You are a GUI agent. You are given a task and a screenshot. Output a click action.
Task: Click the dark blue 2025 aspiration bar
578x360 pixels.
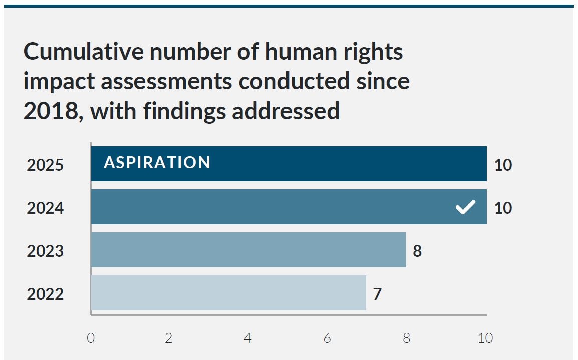(326, 164)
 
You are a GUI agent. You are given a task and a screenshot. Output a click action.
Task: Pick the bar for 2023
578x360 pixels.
(248, 250)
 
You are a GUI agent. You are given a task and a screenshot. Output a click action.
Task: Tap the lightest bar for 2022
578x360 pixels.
(228, 293)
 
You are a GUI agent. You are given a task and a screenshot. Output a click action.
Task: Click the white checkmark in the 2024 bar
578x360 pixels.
(465, 207)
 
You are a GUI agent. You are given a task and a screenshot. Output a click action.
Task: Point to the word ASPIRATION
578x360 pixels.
(157, 163)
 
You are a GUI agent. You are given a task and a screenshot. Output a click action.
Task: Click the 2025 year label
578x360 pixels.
(45, 165)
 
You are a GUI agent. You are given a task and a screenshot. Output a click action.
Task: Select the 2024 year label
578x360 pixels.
(45, 208)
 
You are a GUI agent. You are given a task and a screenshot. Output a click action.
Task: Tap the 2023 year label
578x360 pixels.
(45, 251)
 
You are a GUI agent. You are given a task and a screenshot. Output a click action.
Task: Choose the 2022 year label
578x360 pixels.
(45, 294)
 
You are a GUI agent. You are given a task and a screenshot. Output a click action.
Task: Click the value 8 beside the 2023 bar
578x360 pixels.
(417, 250)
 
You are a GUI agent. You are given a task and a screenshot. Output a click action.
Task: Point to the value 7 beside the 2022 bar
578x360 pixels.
(377, 294)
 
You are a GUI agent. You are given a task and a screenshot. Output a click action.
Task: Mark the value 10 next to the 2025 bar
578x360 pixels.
(503, 165)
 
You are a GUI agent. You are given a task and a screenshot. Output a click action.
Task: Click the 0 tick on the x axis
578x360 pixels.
(91, 338)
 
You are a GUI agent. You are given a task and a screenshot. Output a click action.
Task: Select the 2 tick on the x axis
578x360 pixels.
(169, 338)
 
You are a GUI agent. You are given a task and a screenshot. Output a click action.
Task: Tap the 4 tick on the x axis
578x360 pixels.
(248, 338)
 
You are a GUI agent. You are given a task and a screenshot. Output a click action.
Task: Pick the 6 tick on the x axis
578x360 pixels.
(327, 338)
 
